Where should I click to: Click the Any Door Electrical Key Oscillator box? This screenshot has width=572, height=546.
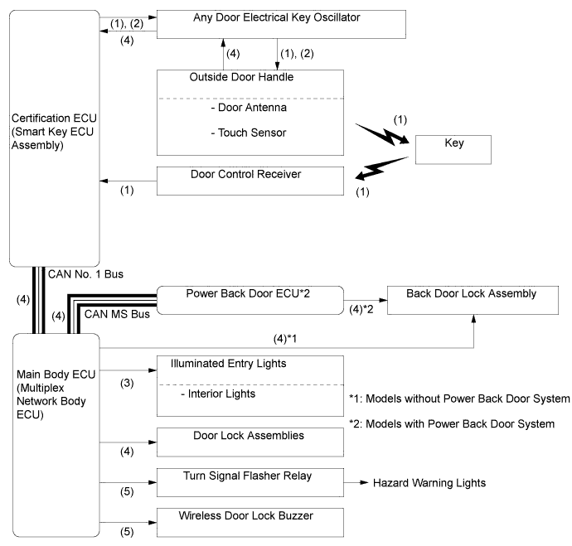pyautogui.click(x=281, y=23)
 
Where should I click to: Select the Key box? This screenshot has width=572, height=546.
pyautogui.click(x=454, y=150)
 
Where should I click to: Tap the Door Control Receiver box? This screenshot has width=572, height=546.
pyautogui.click(x=250, y=180)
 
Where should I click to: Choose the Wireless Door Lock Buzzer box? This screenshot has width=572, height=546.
pyautogui.click(x=250, y=519)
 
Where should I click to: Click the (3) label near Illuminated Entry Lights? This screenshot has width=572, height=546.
pyautogui.click(x=126, y=385)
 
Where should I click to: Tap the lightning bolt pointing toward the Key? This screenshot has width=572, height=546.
pyautogui.click(x=384, y=134)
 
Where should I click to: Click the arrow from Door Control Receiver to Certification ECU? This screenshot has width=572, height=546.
pyautogui.click(x=128, y=179)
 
